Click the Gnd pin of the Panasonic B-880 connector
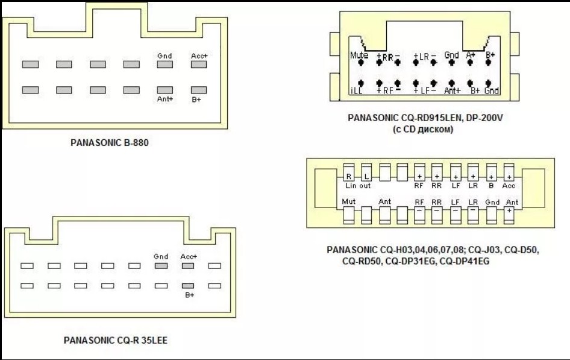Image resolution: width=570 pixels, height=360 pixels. pos(165,65)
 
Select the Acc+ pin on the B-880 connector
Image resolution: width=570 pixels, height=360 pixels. pos(199,65)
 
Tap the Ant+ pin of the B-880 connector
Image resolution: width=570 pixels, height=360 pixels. pos(165,90)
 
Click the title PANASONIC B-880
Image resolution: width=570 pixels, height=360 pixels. pos(109,144)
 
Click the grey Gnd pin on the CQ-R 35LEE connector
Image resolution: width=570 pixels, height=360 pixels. pos(161,265)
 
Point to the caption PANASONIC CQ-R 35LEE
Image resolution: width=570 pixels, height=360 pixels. pos(116,340)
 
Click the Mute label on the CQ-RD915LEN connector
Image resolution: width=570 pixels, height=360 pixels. pos(359,55)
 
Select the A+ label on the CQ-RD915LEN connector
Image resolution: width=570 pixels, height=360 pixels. pos(471,55)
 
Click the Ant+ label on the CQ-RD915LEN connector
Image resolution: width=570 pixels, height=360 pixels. pos(453,91)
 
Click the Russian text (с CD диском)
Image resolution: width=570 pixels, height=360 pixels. pos(425,129)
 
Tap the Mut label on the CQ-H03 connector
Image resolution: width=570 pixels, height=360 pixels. pos(348,201)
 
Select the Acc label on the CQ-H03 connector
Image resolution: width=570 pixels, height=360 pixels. pos(509,186)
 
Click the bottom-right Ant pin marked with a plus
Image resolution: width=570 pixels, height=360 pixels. pos(510,212)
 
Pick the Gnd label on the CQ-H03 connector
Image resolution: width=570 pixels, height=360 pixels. pos(492,201)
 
